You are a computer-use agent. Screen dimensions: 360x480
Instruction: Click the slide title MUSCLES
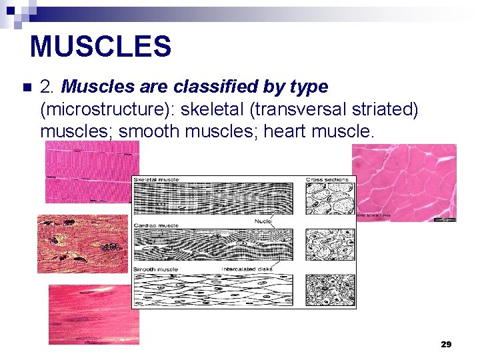[x=101, y=47]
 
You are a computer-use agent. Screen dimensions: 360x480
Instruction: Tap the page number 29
[x=446, y=345]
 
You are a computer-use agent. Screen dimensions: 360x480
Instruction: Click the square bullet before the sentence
[x=27, y=87]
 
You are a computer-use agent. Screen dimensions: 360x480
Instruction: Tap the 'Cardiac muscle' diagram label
[x=156, y=225]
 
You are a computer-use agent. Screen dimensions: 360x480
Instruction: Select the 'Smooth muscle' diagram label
[x=156, y=269]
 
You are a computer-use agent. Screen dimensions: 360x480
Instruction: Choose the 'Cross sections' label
[x=328, y=180]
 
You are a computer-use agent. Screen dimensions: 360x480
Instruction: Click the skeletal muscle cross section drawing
[x=330, y=199]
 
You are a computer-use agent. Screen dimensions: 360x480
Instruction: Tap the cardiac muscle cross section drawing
[x=330, y=244]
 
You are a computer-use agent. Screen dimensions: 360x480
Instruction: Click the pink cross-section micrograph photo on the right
[x=404, y=182]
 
